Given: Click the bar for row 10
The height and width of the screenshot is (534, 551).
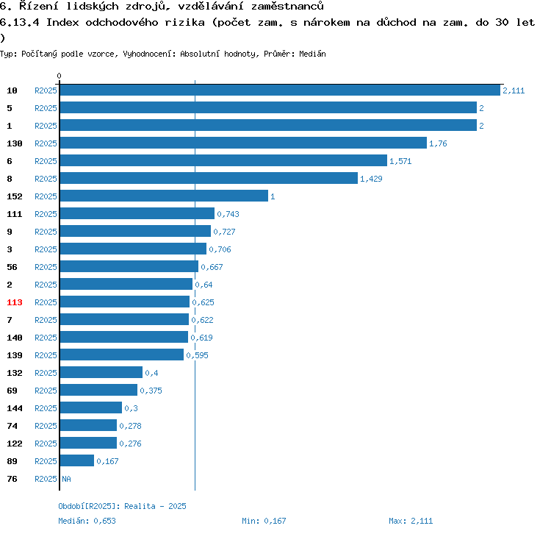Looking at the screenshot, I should tap(280, 90).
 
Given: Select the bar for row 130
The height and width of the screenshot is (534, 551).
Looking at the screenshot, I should tap(243, 143).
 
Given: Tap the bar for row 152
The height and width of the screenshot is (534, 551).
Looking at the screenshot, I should tap(164, 196).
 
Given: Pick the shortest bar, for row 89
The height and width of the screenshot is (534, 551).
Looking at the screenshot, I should tap(77, 461).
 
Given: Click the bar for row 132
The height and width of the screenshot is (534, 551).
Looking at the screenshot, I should tap(101, 373).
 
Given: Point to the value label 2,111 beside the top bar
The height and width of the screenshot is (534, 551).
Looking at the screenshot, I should tap(514, 90).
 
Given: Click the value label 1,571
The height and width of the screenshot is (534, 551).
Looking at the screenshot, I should tap(401, 161).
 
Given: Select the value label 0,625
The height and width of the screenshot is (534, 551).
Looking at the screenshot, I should tap(203, 302).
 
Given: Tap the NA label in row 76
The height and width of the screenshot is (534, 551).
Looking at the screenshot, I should tap(66, 479).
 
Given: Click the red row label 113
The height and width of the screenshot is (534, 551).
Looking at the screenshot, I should tap(15, 302).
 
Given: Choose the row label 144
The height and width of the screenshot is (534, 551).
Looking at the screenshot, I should tap(15, 408).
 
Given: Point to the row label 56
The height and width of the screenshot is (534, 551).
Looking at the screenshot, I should tap(12, 267).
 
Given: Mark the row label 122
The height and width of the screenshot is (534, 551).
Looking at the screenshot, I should tap(15, 444).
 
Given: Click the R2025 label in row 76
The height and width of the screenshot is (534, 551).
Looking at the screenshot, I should tap(46, 479).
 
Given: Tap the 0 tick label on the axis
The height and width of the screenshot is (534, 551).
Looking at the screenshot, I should tap(60, 76).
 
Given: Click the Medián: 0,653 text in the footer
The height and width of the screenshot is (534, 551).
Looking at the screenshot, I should tap(87, 521).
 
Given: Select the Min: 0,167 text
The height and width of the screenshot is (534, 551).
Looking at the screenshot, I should tap(264, 521).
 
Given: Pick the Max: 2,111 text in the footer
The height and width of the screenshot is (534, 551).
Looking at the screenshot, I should tap(411, 521).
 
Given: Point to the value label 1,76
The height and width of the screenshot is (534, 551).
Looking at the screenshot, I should tap(438, 143).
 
